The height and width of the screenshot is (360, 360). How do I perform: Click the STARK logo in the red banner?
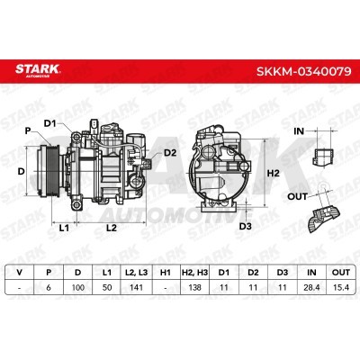pyautogui.click(x=38, y=70)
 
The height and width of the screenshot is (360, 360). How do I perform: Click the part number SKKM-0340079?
pyautogui.click(x=304, y=71)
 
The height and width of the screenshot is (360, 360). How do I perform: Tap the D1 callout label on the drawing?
pyautogui.click(x=50, y=123)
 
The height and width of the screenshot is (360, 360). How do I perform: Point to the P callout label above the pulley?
pyautogui.click(x=28, y=131)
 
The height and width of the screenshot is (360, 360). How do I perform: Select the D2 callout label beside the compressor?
pyautogui.click(x=170, y=153)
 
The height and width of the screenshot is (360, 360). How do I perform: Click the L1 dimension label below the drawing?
pyautogui.click(x=64, y=228)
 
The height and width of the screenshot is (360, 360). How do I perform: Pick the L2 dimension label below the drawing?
pyautogui.click(x=112, y=228)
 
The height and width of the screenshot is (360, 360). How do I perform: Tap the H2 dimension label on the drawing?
pyautogui.click(x=274, y=173)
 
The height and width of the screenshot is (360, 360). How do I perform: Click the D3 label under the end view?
pyautogui.click(x=245, y=226)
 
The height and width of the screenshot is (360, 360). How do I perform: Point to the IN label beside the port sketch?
pyautogui.click(x=299, y=131)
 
